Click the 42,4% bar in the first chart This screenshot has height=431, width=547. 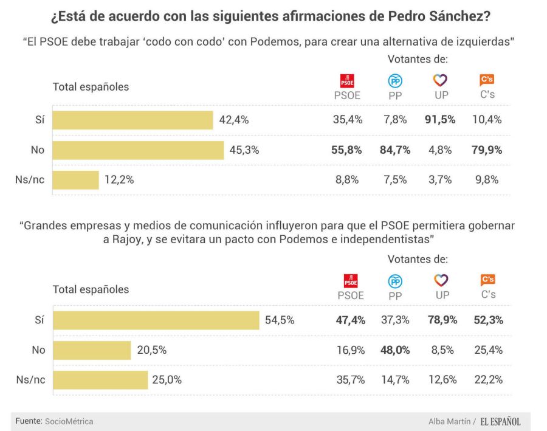coord(132,120)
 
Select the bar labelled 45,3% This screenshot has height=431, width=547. coord(139,150)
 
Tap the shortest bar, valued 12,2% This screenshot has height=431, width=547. coord(76,180)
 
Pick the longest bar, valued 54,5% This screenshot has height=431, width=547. coord(156,320)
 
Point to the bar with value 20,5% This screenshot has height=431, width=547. coord(92,350)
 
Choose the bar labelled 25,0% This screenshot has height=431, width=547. coord(100,380)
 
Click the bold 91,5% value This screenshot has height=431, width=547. coord(441,120)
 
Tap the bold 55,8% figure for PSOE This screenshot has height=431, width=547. coord(347,150)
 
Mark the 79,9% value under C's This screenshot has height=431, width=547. coord(487,150)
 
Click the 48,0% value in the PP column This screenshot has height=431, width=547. coord(395,350)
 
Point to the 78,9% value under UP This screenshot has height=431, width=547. coord(442,320)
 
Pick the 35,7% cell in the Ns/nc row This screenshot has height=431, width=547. coord(350,380)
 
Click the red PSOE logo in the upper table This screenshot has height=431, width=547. coord(347,80)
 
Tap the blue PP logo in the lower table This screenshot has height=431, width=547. coord(396,281)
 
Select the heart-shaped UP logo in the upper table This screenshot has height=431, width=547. coord(441,80)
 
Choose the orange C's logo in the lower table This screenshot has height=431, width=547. coord(487,280)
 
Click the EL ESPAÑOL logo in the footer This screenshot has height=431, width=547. coord(500,421)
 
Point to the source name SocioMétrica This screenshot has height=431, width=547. coord(69,421)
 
